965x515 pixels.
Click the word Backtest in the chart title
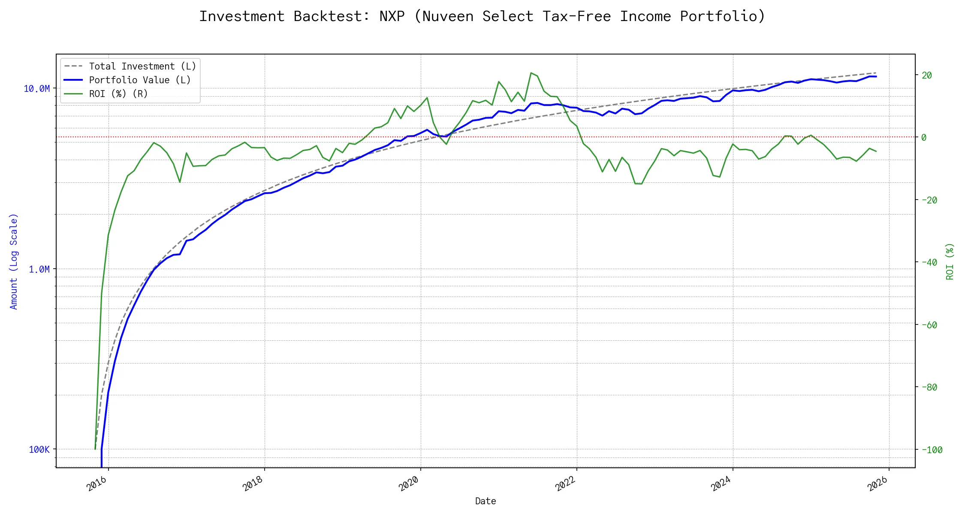(332, 16)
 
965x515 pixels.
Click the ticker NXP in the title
(392, 16)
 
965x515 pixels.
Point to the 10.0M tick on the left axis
(36, 89)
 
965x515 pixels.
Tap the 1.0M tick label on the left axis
(39, 270)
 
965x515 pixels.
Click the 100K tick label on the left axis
(39, 450)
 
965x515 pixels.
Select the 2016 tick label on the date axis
(97, 484)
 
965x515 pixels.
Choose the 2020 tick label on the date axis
(409, 484)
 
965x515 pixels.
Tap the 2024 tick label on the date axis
(721, 484)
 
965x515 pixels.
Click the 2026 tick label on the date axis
(878, 484)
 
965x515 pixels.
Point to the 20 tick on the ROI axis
(927, 76)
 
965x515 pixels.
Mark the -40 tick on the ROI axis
(929, 263)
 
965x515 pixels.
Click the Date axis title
(486, 501)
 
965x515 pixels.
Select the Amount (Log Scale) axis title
(14, 261)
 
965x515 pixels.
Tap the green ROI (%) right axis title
(950, 261)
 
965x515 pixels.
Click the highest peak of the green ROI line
(531, 73)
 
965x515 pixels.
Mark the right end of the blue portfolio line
(876, 76)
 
